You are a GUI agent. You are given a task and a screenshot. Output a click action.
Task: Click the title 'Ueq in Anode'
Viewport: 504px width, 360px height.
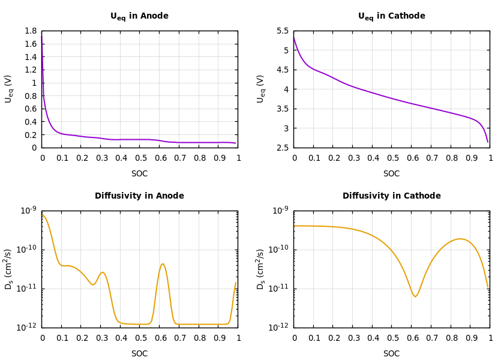pos(139,16)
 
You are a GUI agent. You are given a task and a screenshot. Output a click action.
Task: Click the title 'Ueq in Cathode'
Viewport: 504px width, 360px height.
pos(391,16)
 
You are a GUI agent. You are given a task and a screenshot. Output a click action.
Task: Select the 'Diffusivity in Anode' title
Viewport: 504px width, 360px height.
pos(139,196)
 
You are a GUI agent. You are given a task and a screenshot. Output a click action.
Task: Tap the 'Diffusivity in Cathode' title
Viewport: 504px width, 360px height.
pos(391,196)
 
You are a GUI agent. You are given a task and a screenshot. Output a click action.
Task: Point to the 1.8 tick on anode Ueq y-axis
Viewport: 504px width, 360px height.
pos(31,31)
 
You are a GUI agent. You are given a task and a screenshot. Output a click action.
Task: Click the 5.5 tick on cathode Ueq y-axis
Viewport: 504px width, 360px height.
pos(283,31)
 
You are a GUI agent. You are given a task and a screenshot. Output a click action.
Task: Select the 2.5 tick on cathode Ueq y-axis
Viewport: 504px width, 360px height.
pos(283,148)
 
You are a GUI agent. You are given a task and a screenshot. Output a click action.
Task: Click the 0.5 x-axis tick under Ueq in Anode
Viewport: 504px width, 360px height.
pos(140,158)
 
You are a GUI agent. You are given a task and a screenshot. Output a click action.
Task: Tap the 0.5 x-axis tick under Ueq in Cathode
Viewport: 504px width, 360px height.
pos(392,158)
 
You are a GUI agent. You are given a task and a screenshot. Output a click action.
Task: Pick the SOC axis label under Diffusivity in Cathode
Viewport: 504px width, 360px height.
pos(391,353)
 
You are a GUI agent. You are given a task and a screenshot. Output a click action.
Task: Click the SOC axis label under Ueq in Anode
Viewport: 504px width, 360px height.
pos(139,173)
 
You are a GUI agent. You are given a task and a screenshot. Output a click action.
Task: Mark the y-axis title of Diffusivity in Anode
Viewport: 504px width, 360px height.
pos(8,269)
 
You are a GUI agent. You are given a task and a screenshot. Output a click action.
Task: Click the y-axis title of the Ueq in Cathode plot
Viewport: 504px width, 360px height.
pos(260,89)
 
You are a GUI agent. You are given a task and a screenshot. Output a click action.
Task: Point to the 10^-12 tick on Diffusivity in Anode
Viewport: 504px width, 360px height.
pos(29,328)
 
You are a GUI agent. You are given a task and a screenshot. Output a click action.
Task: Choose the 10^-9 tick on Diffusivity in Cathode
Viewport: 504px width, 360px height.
pos(281,211)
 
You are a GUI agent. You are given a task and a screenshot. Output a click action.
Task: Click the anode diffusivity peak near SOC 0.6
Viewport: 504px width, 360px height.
pos(163,263)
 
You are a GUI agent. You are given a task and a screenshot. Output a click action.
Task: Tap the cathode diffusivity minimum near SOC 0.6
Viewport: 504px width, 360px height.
pos(415,296)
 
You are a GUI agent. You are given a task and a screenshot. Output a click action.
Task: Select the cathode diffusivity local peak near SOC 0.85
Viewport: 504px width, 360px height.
pos(460,239)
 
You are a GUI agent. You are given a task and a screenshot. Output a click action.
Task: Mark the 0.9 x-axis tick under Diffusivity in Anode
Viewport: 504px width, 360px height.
pos(218,338)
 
